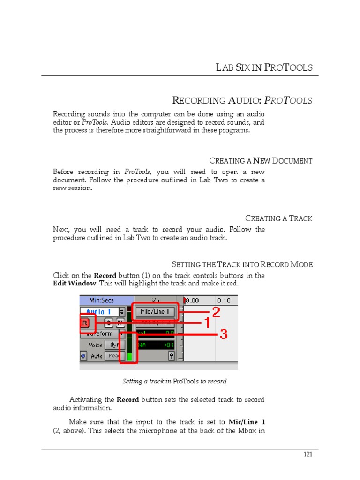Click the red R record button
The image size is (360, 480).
click(85, 322)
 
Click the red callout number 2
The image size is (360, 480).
click(216, 312)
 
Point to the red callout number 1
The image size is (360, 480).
click(206, 322)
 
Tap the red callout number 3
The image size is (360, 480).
click(224, 334)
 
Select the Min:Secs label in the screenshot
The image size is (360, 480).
click(102, 300)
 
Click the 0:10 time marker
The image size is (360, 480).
click(224, 300)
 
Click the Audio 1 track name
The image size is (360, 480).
click(99, 312)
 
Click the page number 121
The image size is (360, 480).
click(307, 454)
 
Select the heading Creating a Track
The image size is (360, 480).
click(278, 218)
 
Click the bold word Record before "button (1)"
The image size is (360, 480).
click(105, 276)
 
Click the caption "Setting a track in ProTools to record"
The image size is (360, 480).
click(174, 381)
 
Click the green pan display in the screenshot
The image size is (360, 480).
click(155, 345)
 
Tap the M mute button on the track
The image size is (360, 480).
click(120, 322)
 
